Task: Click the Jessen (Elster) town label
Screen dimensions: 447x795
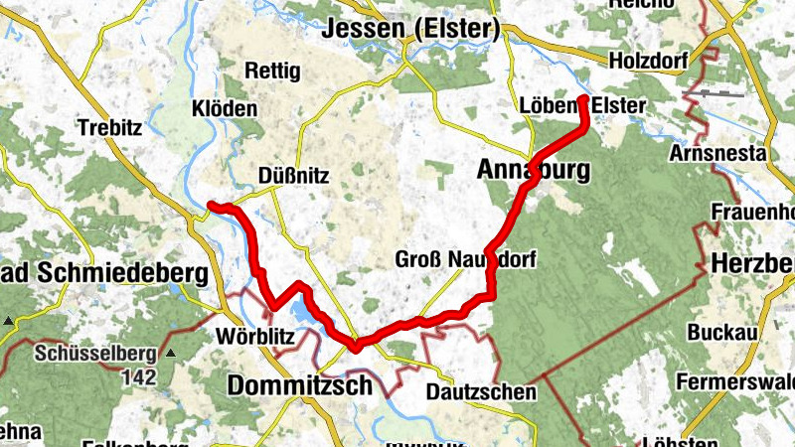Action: click(408, 30)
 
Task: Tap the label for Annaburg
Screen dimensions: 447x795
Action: click(533, 170)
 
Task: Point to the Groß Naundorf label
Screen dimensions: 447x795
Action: click(465, 260)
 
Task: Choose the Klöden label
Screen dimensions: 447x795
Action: click(226, 108)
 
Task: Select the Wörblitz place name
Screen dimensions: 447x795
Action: click(254, 337)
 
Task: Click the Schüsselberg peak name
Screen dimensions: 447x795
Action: click(97, 353)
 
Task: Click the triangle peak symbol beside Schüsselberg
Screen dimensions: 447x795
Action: click(170, 353)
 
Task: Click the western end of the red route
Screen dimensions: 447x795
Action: click(211, 206)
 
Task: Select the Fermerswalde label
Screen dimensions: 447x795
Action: click(734, 381)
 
